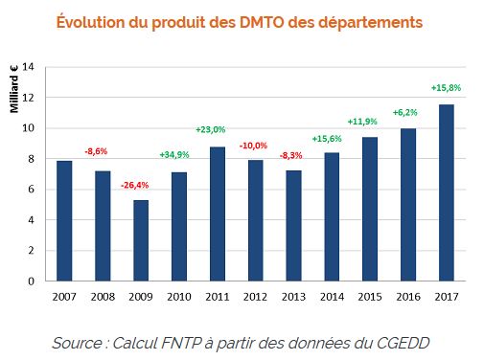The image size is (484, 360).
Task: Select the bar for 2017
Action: tap(446, 192)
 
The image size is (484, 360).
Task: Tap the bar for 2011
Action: tap(217, 214)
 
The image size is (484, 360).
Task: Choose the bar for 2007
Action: tap(63, 220)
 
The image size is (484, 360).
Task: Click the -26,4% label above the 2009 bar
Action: tap(135, 185)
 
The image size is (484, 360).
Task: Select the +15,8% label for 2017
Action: tap(446, 88)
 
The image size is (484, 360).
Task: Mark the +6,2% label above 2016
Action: tap(407, 112)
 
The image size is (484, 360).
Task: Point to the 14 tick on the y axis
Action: tap(29, 67)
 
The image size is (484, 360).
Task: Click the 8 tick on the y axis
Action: tap(31, 159)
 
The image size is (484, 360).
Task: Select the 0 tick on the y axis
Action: tap(31, 281)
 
